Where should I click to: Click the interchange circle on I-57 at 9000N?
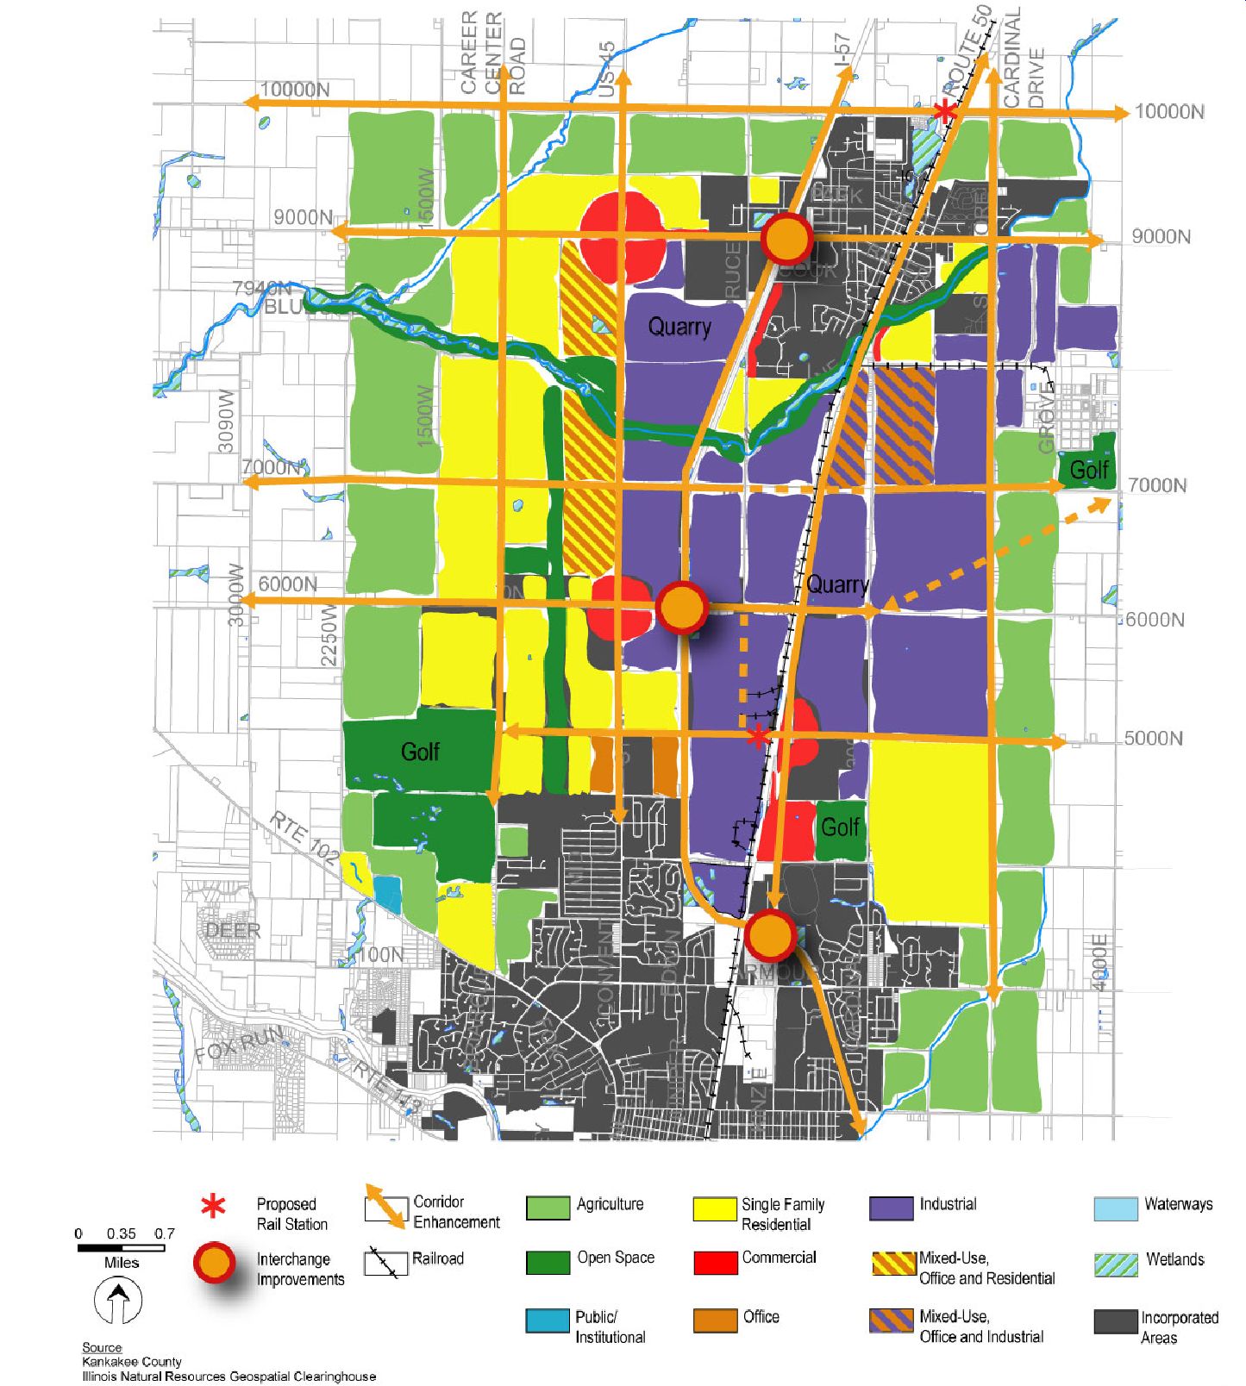[786, 239]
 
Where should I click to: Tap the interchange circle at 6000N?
[682, 607]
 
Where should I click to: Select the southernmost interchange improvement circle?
[770, 934]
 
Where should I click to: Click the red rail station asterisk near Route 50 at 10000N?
[946, 110]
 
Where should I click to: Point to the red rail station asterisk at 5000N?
[757, 737]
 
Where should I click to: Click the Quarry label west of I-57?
[679, 327]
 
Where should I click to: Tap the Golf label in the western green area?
[420, 752]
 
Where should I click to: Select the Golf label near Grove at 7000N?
[1088, 470]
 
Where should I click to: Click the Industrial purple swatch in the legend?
[892, 1208]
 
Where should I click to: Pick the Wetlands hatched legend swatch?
[1116, 1264]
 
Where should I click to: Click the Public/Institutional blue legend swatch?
[548, 1320]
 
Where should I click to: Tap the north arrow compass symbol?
[118, 1300]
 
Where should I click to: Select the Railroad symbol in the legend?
[385, 1262]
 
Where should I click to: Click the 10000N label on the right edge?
[1168, 112]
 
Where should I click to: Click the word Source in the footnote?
[102, 1347]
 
